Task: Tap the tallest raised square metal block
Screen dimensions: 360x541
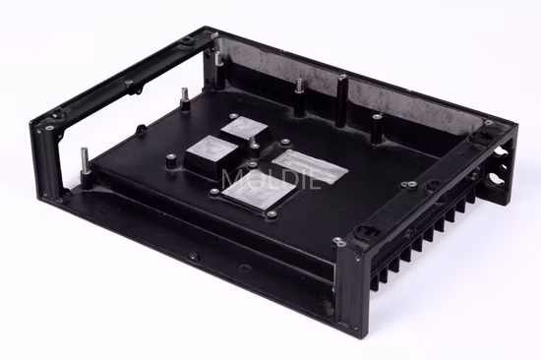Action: (213, 156)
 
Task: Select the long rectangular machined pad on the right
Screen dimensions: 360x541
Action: (310, 166)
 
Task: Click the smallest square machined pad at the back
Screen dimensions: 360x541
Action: (242, 128)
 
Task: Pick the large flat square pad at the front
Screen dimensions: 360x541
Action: (258, 191)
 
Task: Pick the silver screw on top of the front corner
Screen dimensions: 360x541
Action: (338, 241)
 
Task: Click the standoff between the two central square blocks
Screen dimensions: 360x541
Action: (254, 146)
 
